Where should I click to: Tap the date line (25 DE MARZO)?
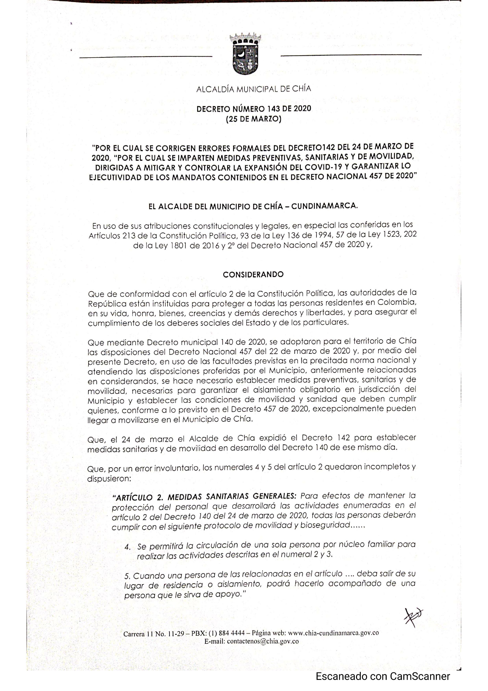click(x=253, y=119)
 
